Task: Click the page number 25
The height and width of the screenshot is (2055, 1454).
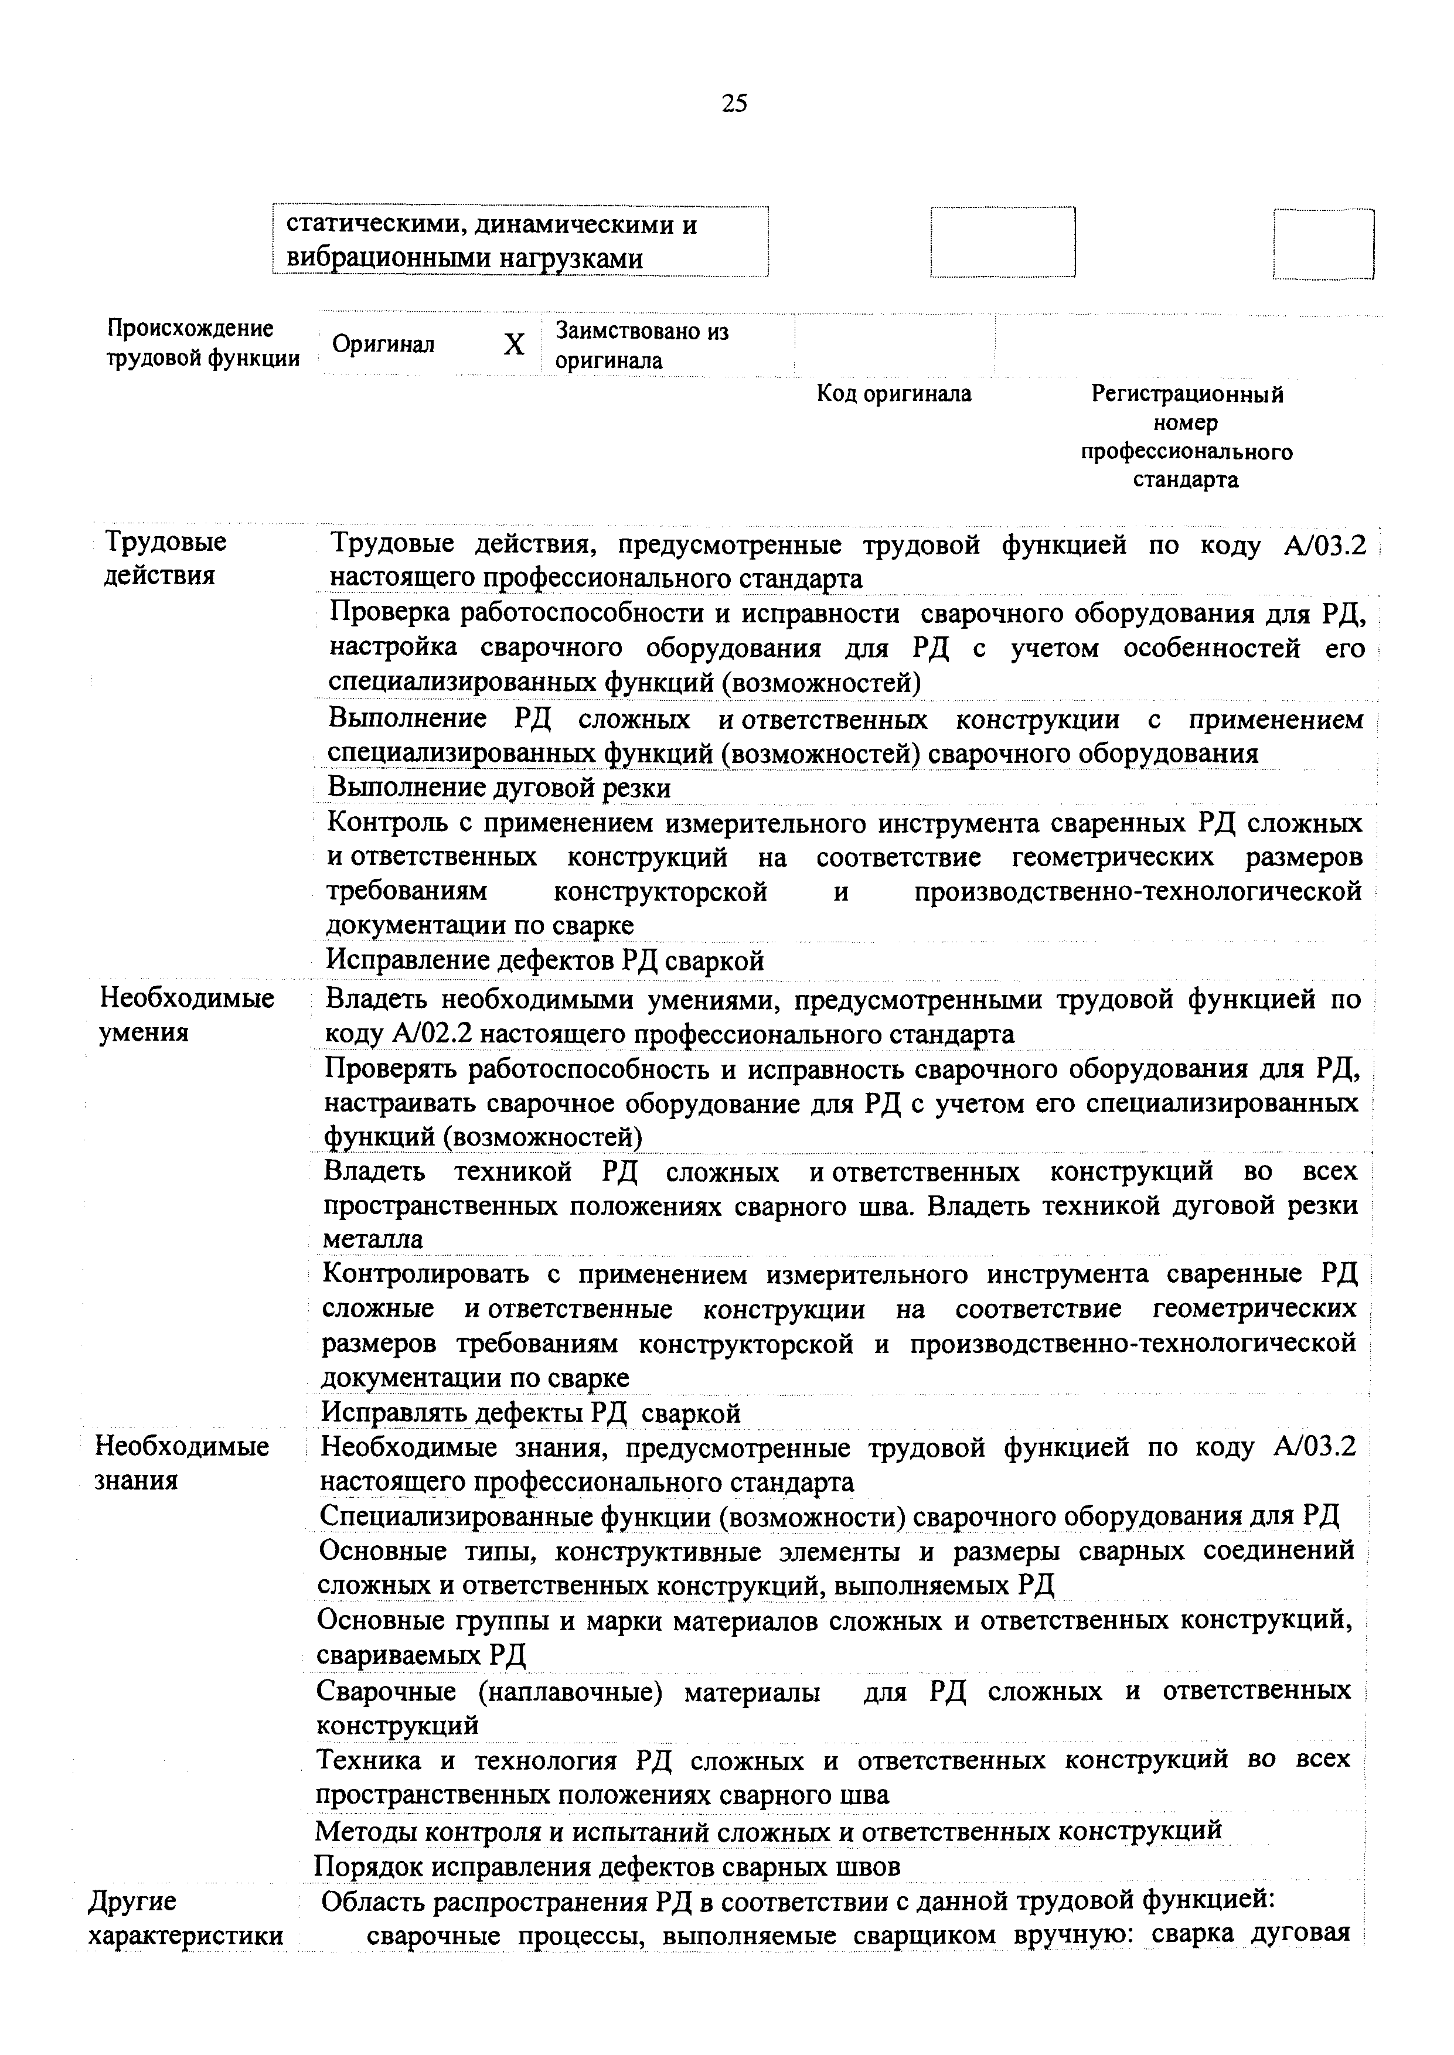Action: pos(733,104)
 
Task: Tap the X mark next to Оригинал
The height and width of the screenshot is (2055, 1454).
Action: pos(514,345)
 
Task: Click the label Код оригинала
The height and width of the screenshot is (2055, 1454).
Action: pos(894,394)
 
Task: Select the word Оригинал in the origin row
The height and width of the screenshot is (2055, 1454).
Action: pos(383,345)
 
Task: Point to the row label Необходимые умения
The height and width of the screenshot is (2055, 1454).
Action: pos(186,1015)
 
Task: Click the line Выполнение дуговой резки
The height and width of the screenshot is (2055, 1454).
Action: pos(499,788)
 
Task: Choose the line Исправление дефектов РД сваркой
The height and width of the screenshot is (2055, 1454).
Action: pos(544,960)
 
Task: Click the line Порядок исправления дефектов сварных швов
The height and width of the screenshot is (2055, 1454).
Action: pos(607,1867)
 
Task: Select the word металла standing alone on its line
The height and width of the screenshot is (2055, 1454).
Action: pos(373,1240)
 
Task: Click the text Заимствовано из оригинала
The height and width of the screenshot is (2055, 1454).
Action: pos(642,346)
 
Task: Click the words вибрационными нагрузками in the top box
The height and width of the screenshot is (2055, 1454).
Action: pos(465,258)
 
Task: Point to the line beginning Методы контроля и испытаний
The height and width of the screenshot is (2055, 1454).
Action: pos(768,1831)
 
